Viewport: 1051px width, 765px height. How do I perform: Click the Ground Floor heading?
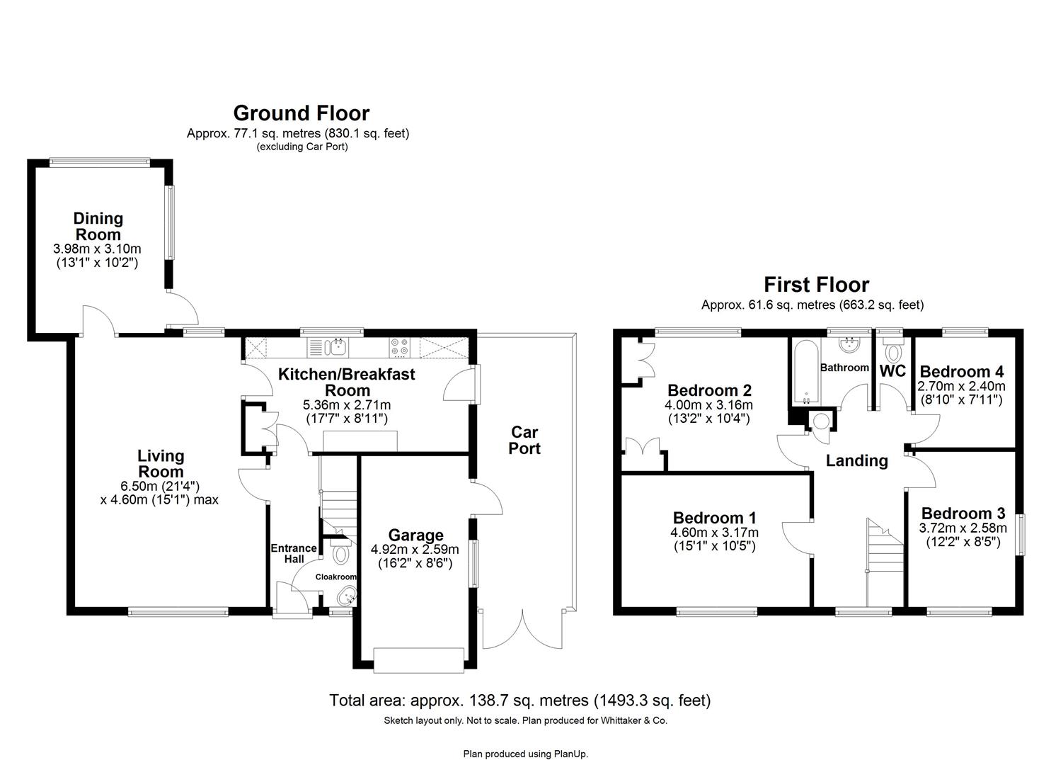tap(301, 113)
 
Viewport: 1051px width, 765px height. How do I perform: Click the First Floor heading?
tap(816, 285)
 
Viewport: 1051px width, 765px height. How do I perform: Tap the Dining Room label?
tap(98, 226)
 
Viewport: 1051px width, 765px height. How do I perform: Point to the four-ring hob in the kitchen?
tap(399, 347)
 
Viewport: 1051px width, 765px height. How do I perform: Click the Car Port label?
tap(524, 440)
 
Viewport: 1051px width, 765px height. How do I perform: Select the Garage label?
tap(415, 535)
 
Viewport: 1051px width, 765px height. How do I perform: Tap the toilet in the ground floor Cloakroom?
tap(341, 552)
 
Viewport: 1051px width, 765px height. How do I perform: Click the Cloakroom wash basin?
tap(347, 596)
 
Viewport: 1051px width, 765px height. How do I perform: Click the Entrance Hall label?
tap(293, 553)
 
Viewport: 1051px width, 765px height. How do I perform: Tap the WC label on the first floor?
tap(892, 370)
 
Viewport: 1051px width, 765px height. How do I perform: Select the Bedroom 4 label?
tap(961, 371)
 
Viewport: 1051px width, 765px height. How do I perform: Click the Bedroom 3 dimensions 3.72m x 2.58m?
tap(962, 528)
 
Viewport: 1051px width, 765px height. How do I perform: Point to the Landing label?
tap(856, 461)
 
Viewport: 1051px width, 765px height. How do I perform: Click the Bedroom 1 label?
tap(714, 518)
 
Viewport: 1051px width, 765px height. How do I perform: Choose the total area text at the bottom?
tap(519, 701)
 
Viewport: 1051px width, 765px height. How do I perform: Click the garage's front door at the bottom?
tap(418, 659)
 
